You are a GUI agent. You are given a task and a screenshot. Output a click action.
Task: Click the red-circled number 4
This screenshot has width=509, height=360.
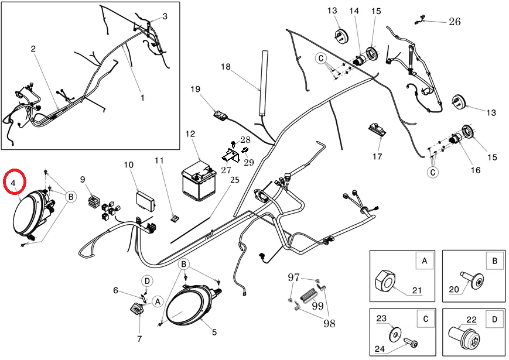coord(14,183)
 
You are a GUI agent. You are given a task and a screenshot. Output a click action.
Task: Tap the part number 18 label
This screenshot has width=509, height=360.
coord(226,67)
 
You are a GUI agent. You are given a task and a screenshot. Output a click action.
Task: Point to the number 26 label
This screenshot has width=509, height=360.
coord(455,22)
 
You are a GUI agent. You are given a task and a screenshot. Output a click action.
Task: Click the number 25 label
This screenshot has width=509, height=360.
coord(235,179)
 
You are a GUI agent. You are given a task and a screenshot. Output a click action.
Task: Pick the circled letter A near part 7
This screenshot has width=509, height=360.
coord(157,301)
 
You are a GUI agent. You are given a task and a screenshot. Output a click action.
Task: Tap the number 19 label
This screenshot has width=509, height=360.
coord(196,89)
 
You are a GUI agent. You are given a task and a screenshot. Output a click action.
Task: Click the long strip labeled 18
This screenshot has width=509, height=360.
coord(264,81)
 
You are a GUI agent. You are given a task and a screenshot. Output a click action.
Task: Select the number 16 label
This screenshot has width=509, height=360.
coord(475,170)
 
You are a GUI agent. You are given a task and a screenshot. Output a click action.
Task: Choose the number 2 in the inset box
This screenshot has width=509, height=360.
coord(33,49)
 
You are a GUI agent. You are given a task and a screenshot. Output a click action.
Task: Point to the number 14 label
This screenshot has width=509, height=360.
coord(354,11)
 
